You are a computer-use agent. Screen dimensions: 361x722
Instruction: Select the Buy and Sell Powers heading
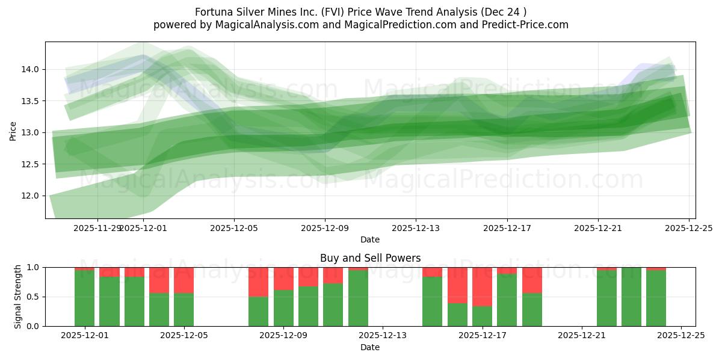tap(370, 259)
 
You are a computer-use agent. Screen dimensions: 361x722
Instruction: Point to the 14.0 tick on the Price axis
tap(31, 69)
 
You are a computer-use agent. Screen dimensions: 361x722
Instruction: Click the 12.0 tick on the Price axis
tap(31, 196)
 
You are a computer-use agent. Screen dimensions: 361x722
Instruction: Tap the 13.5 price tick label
tap(31, 101)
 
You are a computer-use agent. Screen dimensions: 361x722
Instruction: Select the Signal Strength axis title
tap(18, 297)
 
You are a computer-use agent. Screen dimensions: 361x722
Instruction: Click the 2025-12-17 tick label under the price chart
tap(507, 229)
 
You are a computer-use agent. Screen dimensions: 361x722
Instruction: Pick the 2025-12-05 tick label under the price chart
tap(234, 229)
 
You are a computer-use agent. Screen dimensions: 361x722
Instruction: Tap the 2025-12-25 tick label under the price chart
tap(688, 229)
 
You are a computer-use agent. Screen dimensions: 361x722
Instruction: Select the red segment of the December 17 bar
tap(483, 286)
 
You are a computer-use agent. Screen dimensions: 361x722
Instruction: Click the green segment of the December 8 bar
tap(259, 311)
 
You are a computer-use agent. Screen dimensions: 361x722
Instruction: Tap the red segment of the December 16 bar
tap(457, 285)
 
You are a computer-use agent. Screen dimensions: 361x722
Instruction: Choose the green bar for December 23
tap(631, 297)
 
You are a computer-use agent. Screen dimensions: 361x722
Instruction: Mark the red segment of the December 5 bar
tap(184, 280)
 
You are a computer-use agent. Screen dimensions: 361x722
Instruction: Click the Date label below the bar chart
tap(370, 347)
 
